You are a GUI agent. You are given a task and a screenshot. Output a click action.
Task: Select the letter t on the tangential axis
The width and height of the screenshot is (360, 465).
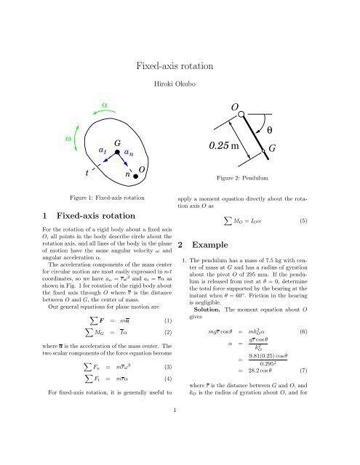point(87,173)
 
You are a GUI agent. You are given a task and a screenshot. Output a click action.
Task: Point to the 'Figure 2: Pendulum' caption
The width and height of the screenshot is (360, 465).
point(244,177)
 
